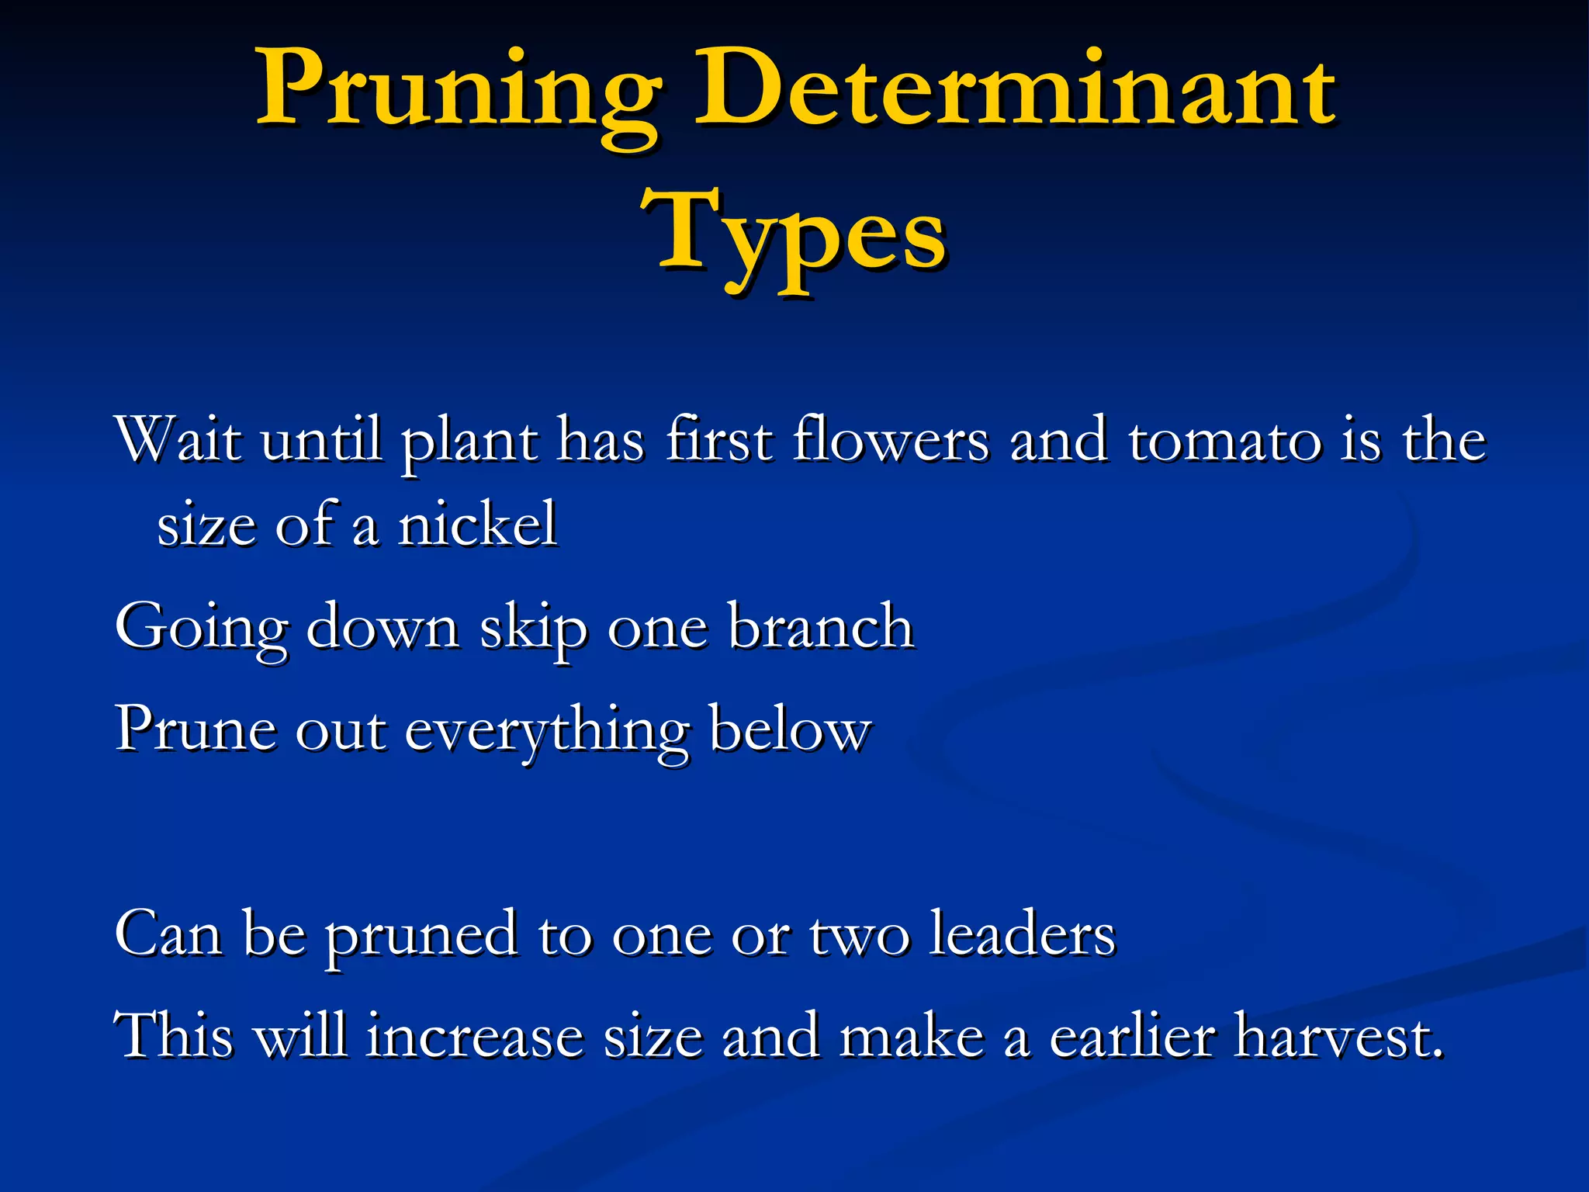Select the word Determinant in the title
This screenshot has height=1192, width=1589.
pos(1014,93)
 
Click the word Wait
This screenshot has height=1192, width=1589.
pos(178,440)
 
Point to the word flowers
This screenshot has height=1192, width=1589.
pos(891,440)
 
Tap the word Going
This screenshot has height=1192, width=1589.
pos(201,627)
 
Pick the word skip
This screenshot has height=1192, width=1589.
pos(533,627)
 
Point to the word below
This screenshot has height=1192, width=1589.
pos(790,729)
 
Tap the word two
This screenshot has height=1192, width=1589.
pos(859,934)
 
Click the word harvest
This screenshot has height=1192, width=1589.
pos(1340,1035)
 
